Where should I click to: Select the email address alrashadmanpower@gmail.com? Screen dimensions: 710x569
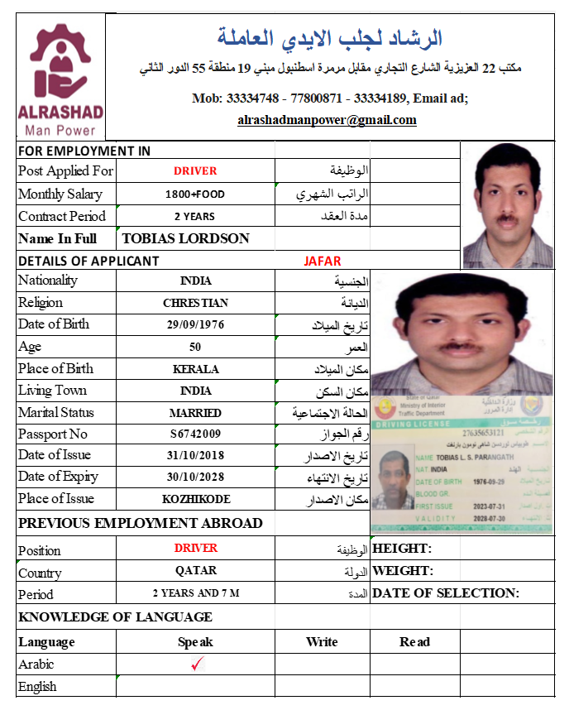[327, 120]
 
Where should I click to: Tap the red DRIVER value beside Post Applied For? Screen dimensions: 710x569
[195, 171]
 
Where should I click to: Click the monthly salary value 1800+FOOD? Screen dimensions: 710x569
[195, 194]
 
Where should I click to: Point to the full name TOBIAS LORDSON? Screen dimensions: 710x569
[185, 238]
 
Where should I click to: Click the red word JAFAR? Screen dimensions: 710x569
[323, 261]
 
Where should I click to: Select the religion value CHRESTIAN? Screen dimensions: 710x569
[195, 303]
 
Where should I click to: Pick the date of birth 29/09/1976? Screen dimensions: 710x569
[195, 324]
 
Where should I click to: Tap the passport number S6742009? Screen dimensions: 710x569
[195, 434]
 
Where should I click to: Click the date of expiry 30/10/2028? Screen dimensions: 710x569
[195, 477]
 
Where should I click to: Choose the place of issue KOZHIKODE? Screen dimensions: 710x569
[195, 499]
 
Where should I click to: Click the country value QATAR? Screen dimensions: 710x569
[195, 571]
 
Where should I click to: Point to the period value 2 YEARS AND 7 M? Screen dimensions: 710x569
[195, 593]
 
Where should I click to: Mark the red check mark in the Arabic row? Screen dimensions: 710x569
[197, 664]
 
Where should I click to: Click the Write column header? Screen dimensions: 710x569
[322, 641]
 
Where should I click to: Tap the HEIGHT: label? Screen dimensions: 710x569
[403, 548]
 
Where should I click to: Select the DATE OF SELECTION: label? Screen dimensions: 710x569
[446, 592]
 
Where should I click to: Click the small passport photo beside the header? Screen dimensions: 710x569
[506, 204]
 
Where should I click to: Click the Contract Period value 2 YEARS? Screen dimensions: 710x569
[195, 217]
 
